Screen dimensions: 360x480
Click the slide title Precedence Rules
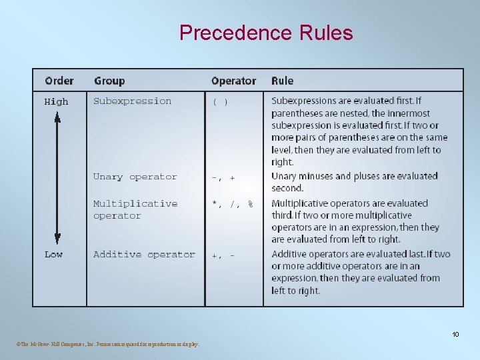[x=266, y=33]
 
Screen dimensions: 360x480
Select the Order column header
[x=59, y=81]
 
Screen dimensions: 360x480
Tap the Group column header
[x=109, y=81]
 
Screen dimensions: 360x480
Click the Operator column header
[x=233, y=81]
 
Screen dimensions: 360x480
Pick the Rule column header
[x=282, y=81]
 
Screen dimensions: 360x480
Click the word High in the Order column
[x=56, y=102]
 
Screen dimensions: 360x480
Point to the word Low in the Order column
[x=53, y=255]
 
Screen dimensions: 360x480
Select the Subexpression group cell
[x=132, y=101]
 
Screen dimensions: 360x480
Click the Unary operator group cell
[x=135, y=177]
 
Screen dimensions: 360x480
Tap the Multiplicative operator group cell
[x=135, y=209]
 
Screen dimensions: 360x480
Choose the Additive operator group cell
[x=144, y=255]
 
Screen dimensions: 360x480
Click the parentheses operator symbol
[x=220, y=102]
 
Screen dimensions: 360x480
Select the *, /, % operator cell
[x=232, y=204]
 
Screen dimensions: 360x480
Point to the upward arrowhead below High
[x=57, y=117]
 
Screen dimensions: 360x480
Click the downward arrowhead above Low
[x=57, y=239]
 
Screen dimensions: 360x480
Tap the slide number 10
[x=455, y=334]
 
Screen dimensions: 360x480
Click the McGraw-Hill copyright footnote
[x=106, y=344]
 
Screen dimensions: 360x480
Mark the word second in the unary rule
[x=287, y=188]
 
